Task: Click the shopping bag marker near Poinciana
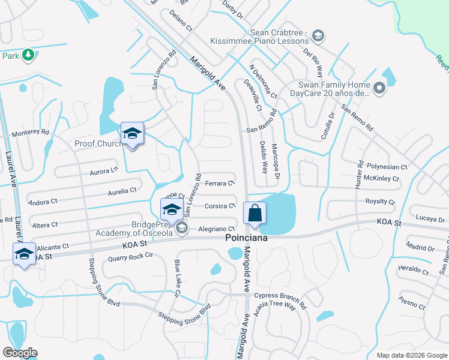click(255, 213)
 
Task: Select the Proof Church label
click(98, 143)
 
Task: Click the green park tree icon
click(28, 55)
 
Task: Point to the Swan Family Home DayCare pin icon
click(379, 89)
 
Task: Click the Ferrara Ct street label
click(219, 183)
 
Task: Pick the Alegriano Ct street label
click(216, 229)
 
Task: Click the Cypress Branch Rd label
click(280, 296)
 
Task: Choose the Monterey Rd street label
click(31, 132)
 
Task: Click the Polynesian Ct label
click(387, 167)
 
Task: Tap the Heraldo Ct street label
click(414, 271)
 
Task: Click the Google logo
click(20, 353)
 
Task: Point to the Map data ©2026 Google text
click(411, 355)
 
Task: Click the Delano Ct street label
click(180, 20)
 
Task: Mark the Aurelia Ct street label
click(122, 191)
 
